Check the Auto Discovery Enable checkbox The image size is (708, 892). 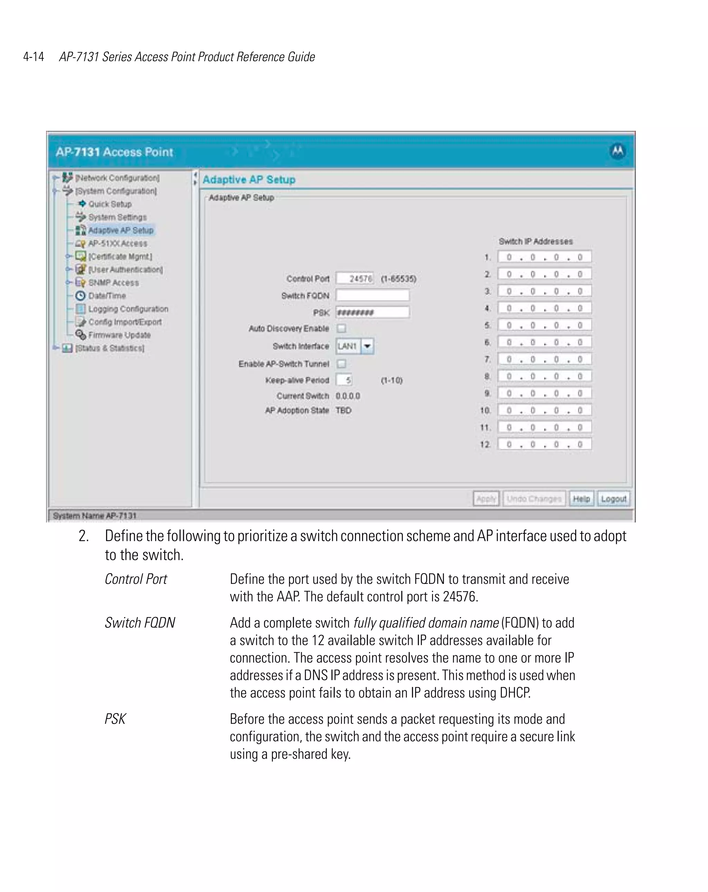[x=341, y=329]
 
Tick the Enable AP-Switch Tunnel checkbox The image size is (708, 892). [x=341, y=364]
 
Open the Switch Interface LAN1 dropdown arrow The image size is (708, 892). [x=367, y=346]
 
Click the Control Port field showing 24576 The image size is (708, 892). [x=355, y=278]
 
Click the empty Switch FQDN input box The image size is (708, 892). [x=372, y=295]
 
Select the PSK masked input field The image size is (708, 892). [x=372, y=312]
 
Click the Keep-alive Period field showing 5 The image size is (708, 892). [x=344, y=380]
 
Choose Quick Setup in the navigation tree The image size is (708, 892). [x=110, y=204]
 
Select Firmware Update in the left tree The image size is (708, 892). [x=119, y=335]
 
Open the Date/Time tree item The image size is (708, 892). [x=107, y=295]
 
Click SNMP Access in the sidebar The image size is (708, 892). [x=113, y=283]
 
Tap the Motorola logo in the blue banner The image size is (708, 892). [x=617, y=151]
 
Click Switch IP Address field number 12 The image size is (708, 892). [x=544, y=444]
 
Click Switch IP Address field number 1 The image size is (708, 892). [x=544, y=257]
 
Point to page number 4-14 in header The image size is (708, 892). [x=34, y=57]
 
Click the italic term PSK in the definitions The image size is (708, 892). [x=115, y=719]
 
